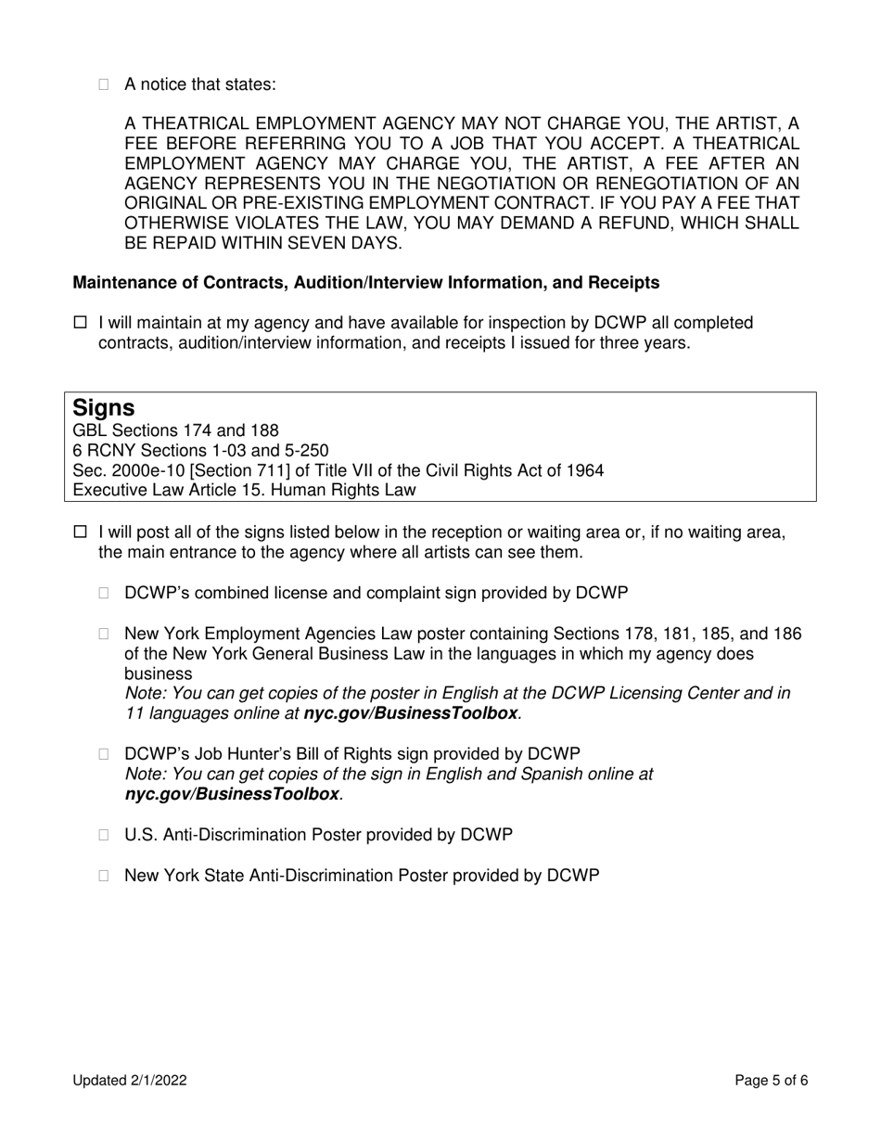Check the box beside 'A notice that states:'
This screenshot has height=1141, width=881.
(104, 85)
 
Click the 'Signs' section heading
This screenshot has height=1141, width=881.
(104, 408)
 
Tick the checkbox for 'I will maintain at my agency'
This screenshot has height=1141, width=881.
(80, 324)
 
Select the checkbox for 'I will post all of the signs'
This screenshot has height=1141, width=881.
(80, 532)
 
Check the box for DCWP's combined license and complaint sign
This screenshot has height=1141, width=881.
(104, 594)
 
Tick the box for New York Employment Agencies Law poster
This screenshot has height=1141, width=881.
(104, 635)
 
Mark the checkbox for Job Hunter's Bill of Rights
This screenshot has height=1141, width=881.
(104, 754)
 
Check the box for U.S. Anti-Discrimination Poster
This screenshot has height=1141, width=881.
(104, 835)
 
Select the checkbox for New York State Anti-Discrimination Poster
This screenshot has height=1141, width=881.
(104, 876)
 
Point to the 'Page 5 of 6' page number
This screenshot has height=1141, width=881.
(771, 1080)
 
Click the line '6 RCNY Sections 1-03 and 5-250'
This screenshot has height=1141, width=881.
(200, 451)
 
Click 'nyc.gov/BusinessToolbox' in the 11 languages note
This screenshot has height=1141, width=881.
(411, 713)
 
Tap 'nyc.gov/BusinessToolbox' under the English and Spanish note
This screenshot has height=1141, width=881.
(232, 794)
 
